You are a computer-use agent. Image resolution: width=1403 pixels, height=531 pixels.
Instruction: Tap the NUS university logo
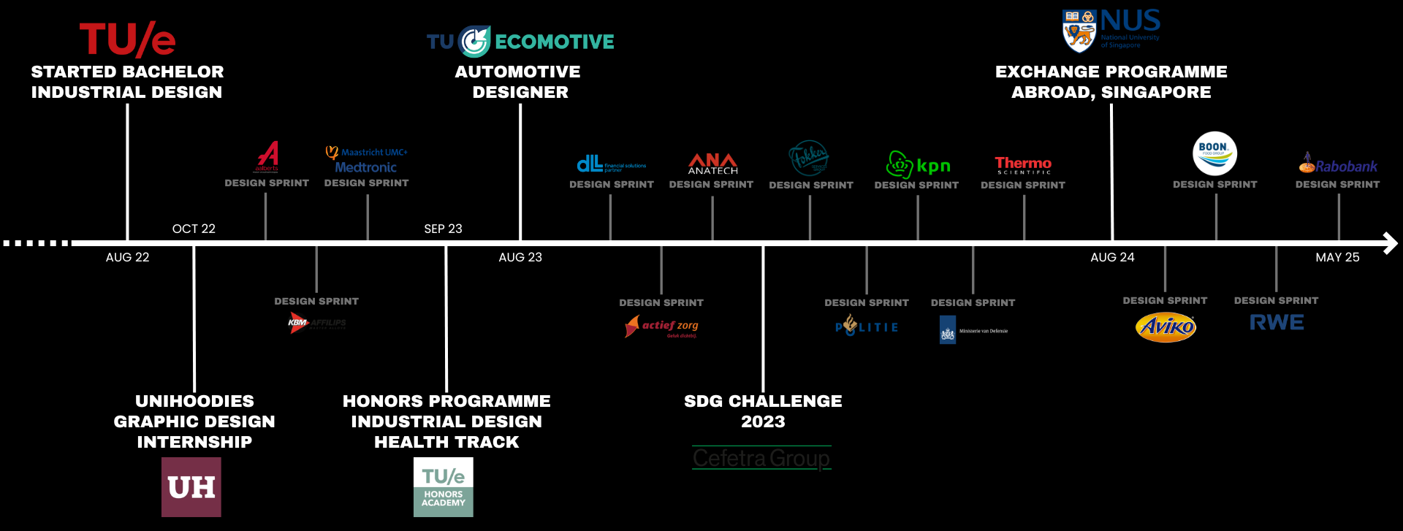click(1111, 30)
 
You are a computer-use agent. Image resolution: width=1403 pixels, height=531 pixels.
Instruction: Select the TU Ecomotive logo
click(520, 42)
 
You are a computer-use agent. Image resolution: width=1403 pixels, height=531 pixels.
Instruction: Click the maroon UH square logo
click(191, 487)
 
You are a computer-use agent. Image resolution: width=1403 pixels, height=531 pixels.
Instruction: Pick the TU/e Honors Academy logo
click(444, 487)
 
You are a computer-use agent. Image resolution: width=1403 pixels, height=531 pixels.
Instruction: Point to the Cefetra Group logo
click(761, 458)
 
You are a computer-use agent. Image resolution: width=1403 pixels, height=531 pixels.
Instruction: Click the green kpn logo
click(918, 165)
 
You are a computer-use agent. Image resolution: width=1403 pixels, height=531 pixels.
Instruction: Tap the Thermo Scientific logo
click(1023, 165)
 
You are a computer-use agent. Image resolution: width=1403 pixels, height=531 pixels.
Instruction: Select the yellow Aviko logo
click(1166, 326)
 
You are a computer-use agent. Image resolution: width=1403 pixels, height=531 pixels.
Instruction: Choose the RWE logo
click(1277, 322)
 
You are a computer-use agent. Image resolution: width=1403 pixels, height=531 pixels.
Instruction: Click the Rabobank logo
click(1338, 164)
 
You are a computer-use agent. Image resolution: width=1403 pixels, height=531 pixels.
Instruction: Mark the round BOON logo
click(1214, 153)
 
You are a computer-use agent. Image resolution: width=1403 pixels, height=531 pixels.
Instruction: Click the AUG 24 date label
click(1112, 257)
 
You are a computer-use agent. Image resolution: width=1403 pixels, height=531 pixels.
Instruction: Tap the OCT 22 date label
click(194, 229)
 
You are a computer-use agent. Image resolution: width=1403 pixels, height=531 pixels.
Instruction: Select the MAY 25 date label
click(1337, 257)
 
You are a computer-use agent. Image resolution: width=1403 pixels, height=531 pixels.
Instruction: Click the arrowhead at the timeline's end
click(1390, 243)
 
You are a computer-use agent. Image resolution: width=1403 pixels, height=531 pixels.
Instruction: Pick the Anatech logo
click(712, 164)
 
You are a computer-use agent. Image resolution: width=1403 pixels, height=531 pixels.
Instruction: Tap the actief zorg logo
click(662, 326)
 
